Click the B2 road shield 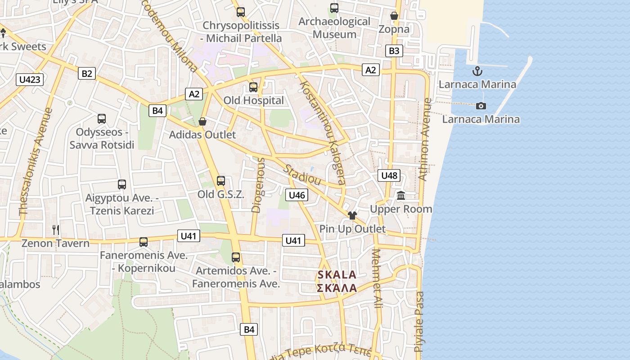(x=87, y=73)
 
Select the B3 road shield (x=394, y=51)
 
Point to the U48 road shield (x=389, y=175)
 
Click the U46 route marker (x=297, y=195)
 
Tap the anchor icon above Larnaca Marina (x=477, y=71)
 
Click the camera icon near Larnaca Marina (x=481, y=106)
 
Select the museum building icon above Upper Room (x=401, y=196)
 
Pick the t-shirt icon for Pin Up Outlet (x=352, y=216)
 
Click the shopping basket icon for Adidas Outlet (x=202, y=121)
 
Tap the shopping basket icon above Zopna (x=394, y=16)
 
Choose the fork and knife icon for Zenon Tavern (x=56, y=230)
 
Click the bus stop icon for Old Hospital (x=253, y=87)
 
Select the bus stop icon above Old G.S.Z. (x=221, y=181)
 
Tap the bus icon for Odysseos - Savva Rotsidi (x=102, y=119)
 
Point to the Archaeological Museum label (x=334, y=28)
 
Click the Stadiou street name (x=302, y=175)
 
